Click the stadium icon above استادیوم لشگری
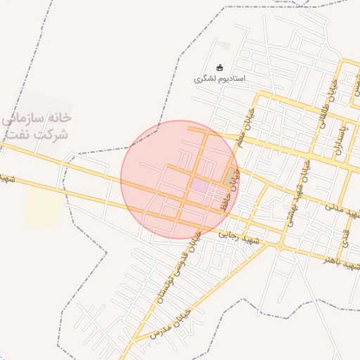pyautogui.click(x=220, y=68)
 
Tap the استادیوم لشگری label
pyautogui.click(x=220, y=79)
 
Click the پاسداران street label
pyautogui.click(x=340, y=136)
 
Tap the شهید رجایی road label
pyautogui.click(x=239, y=239)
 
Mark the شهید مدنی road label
pyautogui.click(x=342, y=209)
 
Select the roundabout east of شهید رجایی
pyautogui.click(x=280, y=246)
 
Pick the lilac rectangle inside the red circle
pyautogui.click(x=200, y=186)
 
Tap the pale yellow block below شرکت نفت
pyautogui.click(x=41, y=208)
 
